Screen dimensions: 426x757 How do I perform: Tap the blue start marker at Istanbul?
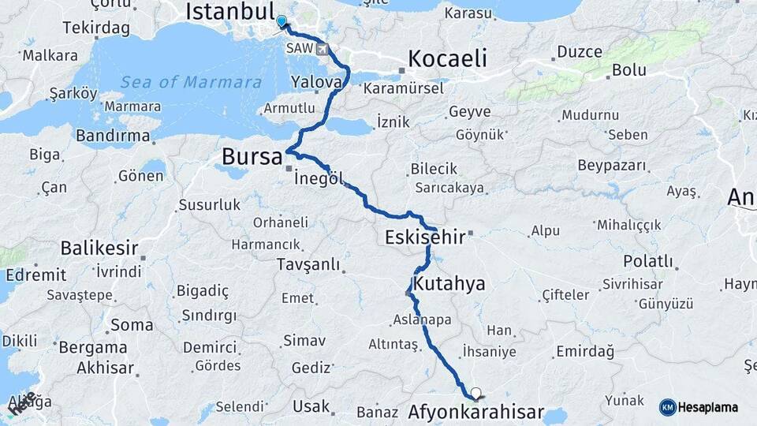tap(282, 21)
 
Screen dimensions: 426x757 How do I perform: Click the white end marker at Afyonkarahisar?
tap(475, 392)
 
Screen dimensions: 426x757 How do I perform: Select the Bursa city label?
tap(252, 156)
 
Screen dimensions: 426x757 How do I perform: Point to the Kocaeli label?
tap(447, 59)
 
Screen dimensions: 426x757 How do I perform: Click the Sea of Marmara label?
tap(191, 82)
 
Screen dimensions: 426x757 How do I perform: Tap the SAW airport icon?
tap(322, 49)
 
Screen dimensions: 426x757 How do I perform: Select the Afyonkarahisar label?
tap(476, 412)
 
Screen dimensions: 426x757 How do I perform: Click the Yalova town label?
tap(317, 82)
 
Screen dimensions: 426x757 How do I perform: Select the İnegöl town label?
tap(319, 179)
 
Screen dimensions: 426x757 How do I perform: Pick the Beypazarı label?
tap(612, 166)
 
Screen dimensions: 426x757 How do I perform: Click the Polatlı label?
tap(647, 261)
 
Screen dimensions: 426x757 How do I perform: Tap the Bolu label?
tap(629, 69)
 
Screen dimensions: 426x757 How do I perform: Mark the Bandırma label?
tap(113, 136)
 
